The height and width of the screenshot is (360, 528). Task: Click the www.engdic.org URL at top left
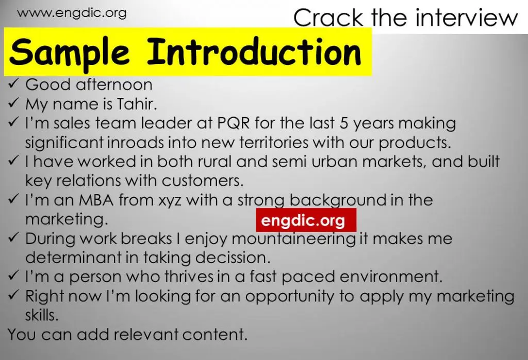(x=72, y=13)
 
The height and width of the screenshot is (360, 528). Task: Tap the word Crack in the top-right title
(x=328, y=18)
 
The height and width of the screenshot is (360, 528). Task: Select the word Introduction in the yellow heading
(x=254, y=52)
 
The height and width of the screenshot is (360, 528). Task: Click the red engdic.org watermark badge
(x=306, y=220)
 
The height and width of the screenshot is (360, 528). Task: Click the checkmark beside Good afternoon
(x=13, y=84)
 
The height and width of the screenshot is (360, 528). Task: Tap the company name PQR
(x=234, y=123)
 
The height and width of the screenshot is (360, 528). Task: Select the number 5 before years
(x=344, y=123)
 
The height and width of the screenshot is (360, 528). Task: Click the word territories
(x=274, y=142)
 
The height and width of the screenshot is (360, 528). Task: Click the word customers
(x=202, y=181)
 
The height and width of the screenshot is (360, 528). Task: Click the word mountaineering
(x=293, y=239)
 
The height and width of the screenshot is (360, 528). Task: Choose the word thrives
(x=189, y=277)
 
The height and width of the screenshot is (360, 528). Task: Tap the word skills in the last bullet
(x=42, y=315)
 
